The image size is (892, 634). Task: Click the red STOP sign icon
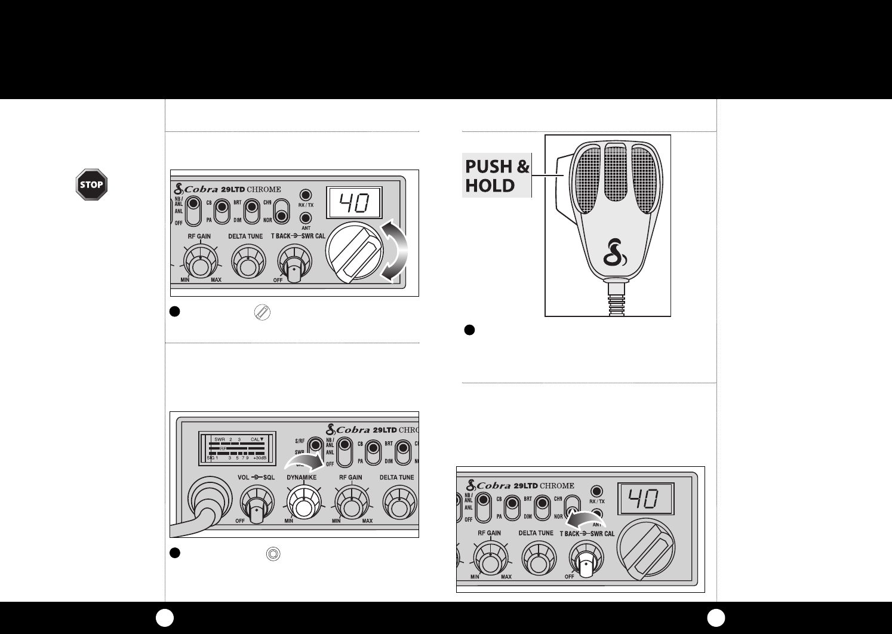click(x=91, y=185)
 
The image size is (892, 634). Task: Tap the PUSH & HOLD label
click(x=497, y=176)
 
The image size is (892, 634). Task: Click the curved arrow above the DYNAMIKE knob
click(x=306, y=461)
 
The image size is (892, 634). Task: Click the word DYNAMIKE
click(x=302, y=478)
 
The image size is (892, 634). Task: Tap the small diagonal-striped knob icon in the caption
click(x=262, y=312)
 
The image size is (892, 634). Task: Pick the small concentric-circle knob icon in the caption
click(x=272, y=553)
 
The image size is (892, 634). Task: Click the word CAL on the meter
click(x=257, y=439)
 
